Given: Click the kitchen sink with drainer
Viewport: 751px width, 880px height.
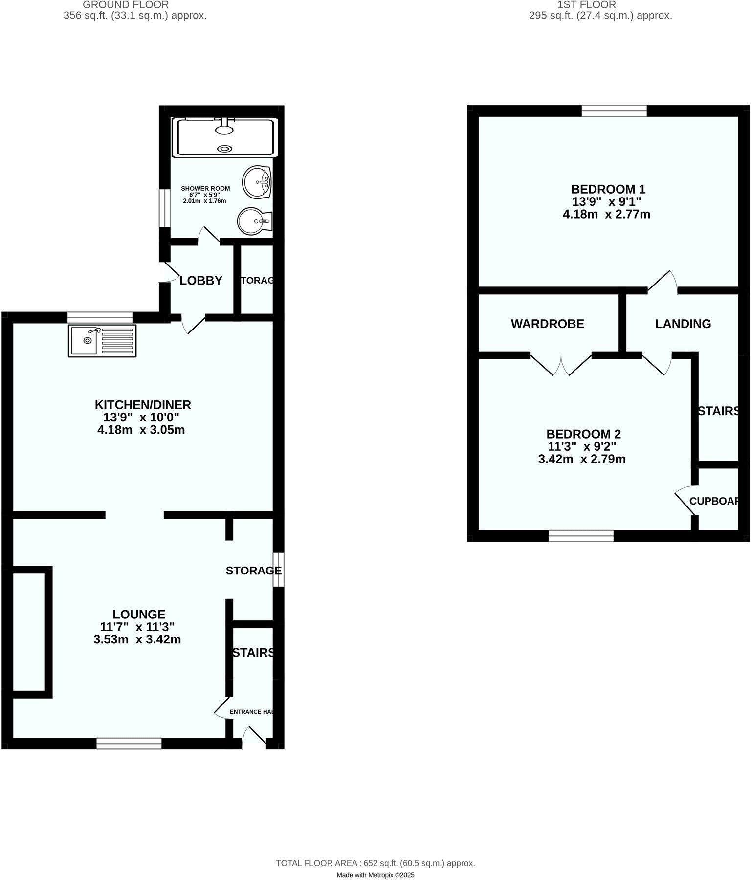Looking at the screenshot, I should [x=102, y=341].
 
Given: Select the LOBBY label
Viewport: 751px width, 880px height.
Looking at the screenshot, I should [x=201, y=281].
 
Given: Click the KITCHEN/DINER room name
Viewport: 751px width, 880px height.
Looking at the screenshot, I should [x=142, y=405].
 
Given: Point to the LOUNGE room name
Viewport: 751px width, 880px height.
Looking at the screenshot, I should [x=139, y=614].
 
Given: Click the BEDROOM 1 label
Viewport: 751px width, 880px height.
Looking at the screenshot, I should [x=608, y=189].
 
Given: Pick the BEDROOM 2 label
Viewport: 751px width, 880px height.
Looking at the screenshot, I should [x=583, y=434].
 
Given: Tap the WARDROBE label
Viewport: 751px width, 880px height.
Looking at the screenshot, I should [x=547, y=324].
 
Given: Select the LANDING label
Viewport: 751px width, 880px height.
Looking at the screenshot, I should [x=683, y=324].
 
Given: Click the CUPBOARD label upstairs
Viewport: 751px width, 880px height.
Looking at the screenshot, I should [x=714, y=501].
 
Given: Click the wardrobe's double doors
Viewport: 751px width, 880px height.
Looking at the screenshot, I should [x=561, y=364].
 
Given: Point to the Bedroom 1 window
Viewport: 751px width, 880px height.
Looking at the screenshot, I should [x=614, y=111].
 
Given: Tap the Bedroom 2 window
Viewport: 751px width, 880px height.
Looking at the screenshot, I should [x=581, y=536].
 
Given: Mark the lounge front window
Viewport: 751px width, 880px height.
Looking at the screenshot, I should [x=129, y=744].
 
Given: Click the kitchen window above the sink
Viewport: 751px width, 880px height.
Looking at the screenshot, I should [x=100, y=317].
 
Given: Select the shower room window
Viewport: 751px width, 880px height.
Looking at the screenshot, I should [x=165, y=208].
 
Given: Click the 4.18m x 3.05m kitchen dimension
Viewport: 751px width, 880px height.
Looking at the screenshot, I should [x=141, y=430].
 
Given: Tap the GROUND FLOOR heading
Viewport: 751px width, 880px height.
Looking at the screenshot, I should [x=126, y=5].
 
